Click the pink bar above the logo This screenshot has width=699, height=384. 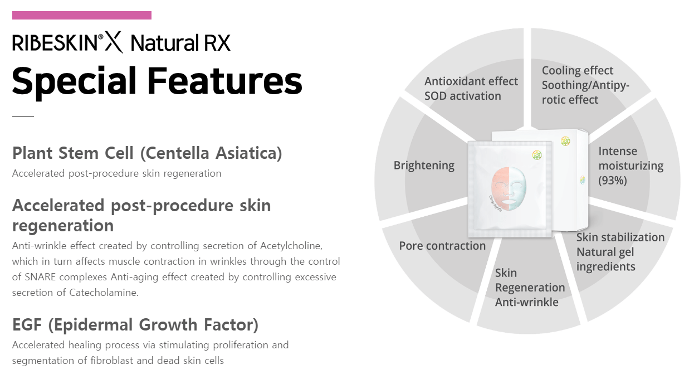coord(82,15)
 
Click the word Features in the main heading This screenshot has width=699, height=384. coord(224,80)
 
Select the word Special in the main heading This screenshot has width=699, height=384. coord(74,82)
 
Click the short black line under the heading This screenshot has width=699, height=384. coord(23,116)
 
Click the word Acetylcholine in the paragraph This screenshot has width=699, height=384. coord(291,246)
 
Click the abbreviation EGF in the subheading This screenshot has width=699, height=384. coord(27,325)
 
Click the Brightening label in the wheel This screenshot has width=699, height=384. coord(424,166)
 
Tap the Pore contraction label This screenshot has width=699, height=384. coord(442,246)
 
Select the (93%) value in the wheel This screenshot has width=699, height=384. coord(613,181)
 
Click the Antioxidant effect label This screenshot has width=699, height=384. coord(471,81)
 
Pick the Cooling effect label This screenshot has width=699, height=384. coord(577,71)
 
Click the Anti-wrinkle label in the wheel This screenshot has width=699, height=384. coord(527,302)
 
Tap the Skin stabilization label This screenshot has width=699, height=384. coord(620,237)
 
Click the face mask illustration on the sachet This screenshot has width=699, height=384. coord(509,188)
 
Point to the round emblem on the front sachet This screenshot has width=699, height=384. coord(537,155)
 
